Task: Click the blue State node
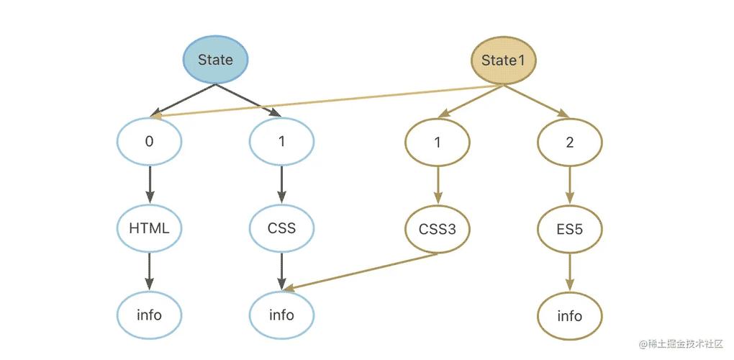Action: [x=215, y=60]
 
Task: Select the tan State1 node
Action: [x=503, y=60]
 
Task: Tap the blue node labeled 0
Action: [x=150, y=141]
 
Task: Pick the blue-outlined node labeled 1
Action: [x=282, y=141]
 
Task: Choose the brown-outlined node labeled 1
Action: [x=438, y=143]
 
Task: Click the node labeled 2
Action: [x=570, y=143]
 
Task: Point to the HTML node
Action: [x=150, y=228]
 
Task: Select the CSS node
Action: [x=282, y=228]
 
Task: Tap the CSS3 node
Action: [x=438, y=230]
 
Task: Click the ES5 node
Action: [x=570, y=230]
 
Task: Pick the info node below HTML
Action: [x=150, y=315]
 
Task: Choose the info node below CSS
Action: [x=282, y=315]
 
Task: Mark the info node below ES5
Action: [x=570, y=316]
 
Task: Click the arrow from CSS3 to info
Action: [x=361, y=272]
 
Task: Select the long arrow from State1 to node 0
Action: [x=327, y=101]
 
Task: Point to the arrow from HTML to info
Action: [x=150, y=271]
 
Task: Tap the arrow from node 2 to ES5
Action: [x=570, y=186]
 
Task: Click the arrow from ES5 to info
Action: [x=570, y=272]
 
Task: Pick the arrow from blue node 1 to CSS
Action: [x=282, y=185]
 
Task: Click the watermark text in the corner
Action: [x=681, y=344]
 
